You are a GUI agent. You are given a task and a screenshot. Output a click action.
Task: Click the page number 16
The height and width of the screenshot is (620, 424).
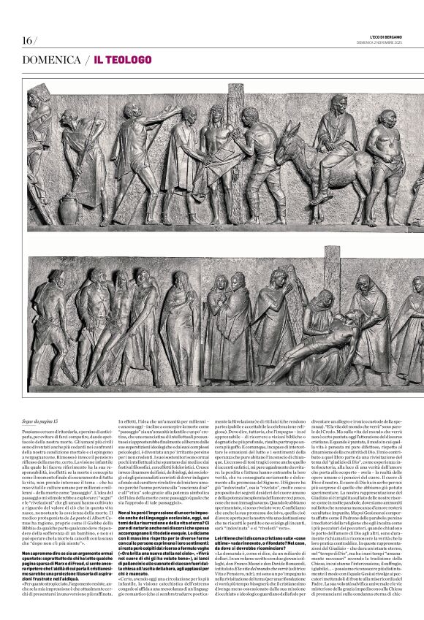28,39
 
